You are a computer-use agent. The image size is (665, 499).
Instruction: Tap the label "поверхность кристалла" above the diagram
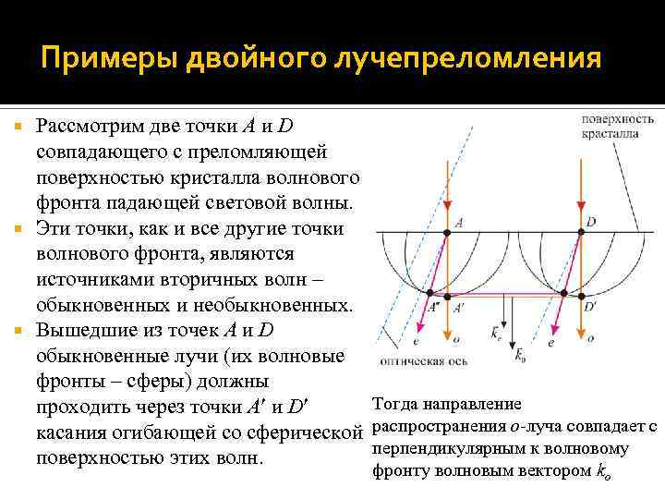coord(618,126)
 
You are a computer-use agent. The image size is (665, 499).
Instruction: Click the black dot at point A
coord(447,230)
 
